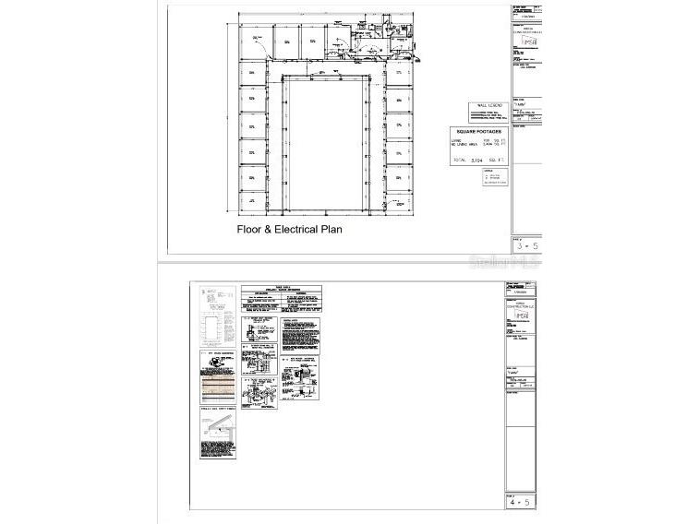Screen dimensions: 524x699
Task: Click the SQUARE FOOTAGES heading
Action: pos(478,132)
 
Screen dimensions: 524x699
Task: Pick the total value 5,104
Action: pos(477,161)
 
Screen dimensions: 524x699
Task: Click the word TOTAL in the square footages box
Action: pos(459,161)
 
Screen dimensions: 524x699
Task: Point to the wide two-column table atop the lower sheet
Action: pos(281,299)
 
